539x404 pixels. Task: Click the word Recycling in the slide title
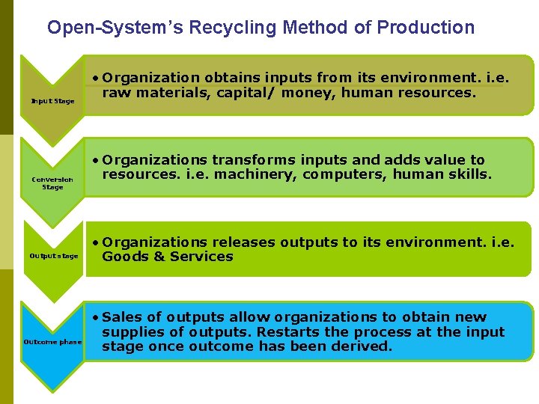(x=233, y=28)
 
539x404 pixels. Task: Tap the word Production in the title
(x=425, y=28)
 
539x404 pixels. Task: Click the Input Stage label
(x=52, y=102)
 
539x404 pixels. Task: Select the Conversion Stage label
(x=52, y=183)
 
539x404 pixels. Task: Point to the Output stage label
(x=53, y=256)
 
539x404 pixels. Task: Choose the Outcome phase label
(x=52, y=342)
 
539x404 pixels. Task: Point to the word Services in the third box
(x=201, y=257)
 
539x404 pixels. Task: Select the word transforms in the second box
(x=252, y=160)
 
